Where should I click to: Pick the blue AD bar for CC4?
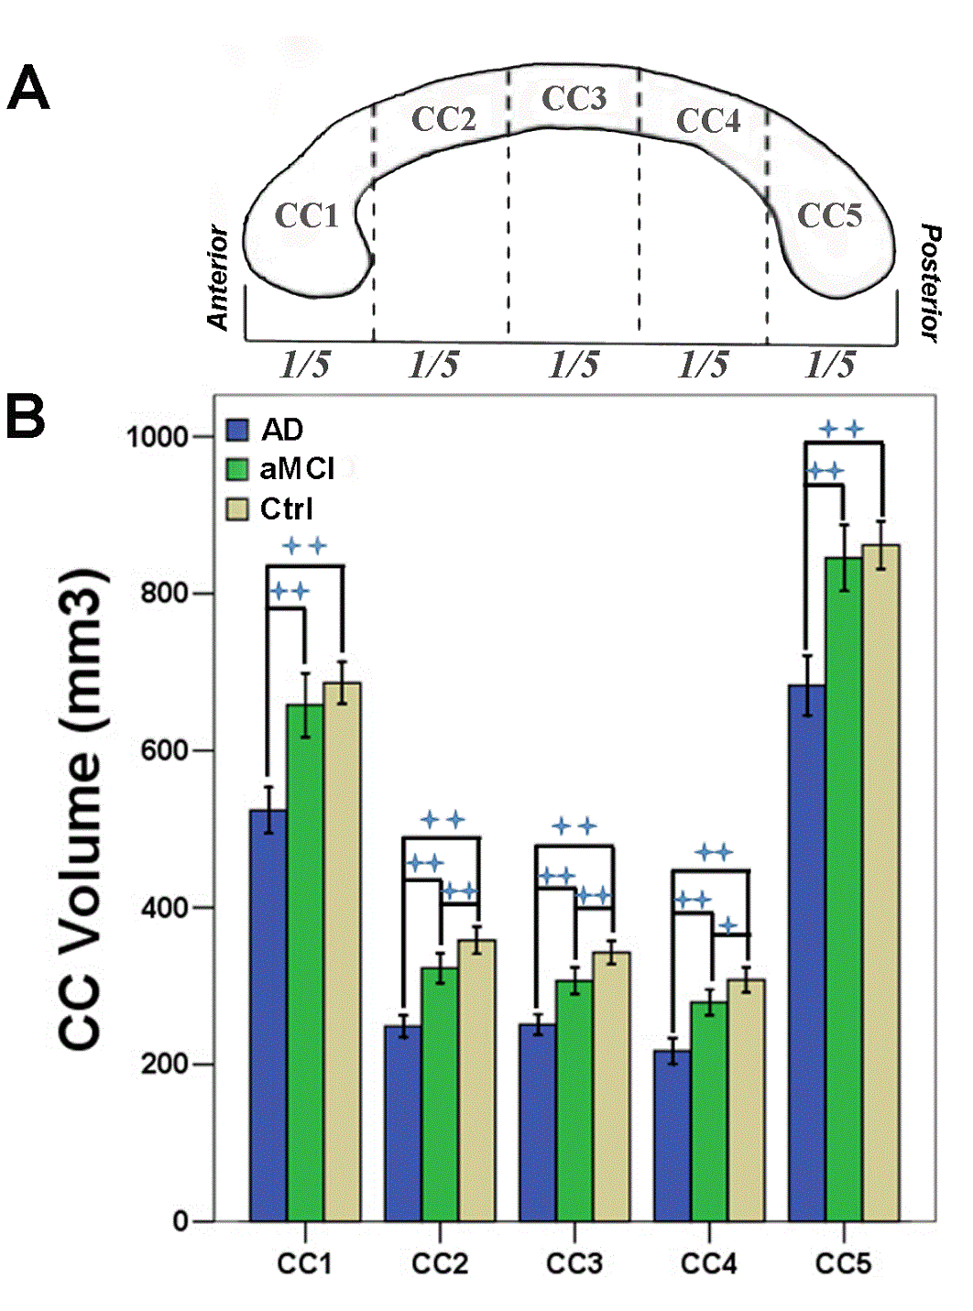[x=672, y=1135]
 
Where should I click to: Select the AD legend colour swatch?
[x=238, y=430]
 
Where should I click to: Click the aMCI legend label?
[x=297, y=469]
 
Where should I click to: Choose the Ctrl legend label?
[x=286, y=508]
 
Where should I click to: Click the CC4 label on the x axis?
[x=708, y=1264]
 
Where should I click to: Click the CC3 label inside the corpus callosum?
[x=574, y=99]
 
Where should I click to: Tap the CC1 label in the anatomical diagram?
[x=307, y=216]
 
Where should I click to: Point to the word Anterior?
[x=218, y=278]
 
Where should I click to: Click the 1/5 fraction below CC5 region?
[x=830, y=365]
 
